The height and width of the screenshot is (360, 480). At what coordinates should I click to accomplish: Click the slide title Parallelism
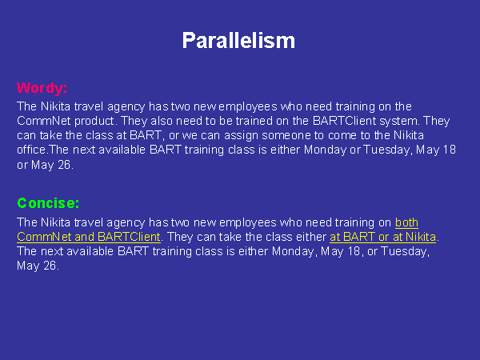point(238,41)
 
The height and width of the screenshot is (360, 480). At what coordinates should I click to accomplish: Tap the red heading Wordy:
point(42,88)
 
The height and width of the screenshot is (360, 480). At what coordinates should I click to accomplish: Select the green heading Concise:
point(48,203)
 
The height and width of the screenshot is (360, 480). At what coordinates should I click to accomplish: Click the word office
point(32,150)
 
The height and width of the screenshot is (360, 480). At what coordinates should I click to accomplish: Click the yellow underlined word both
point(406,222)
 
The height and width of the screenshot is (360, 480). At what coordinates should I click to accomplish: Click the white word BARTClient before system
point(344,121)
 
